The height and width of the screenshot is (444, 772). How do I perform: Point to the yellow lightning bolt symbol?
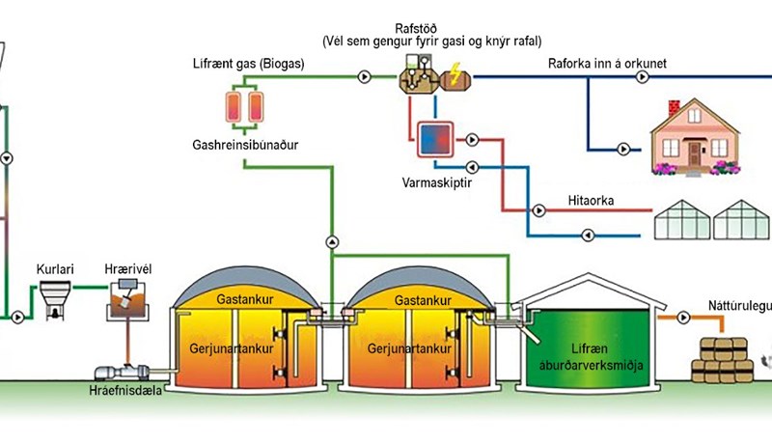point(454,74)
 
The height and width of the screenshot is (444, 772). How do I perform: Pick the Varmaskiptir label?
point(430,180)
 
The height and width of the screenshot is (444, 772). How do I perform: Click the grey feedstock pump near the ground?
point(120,370)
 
